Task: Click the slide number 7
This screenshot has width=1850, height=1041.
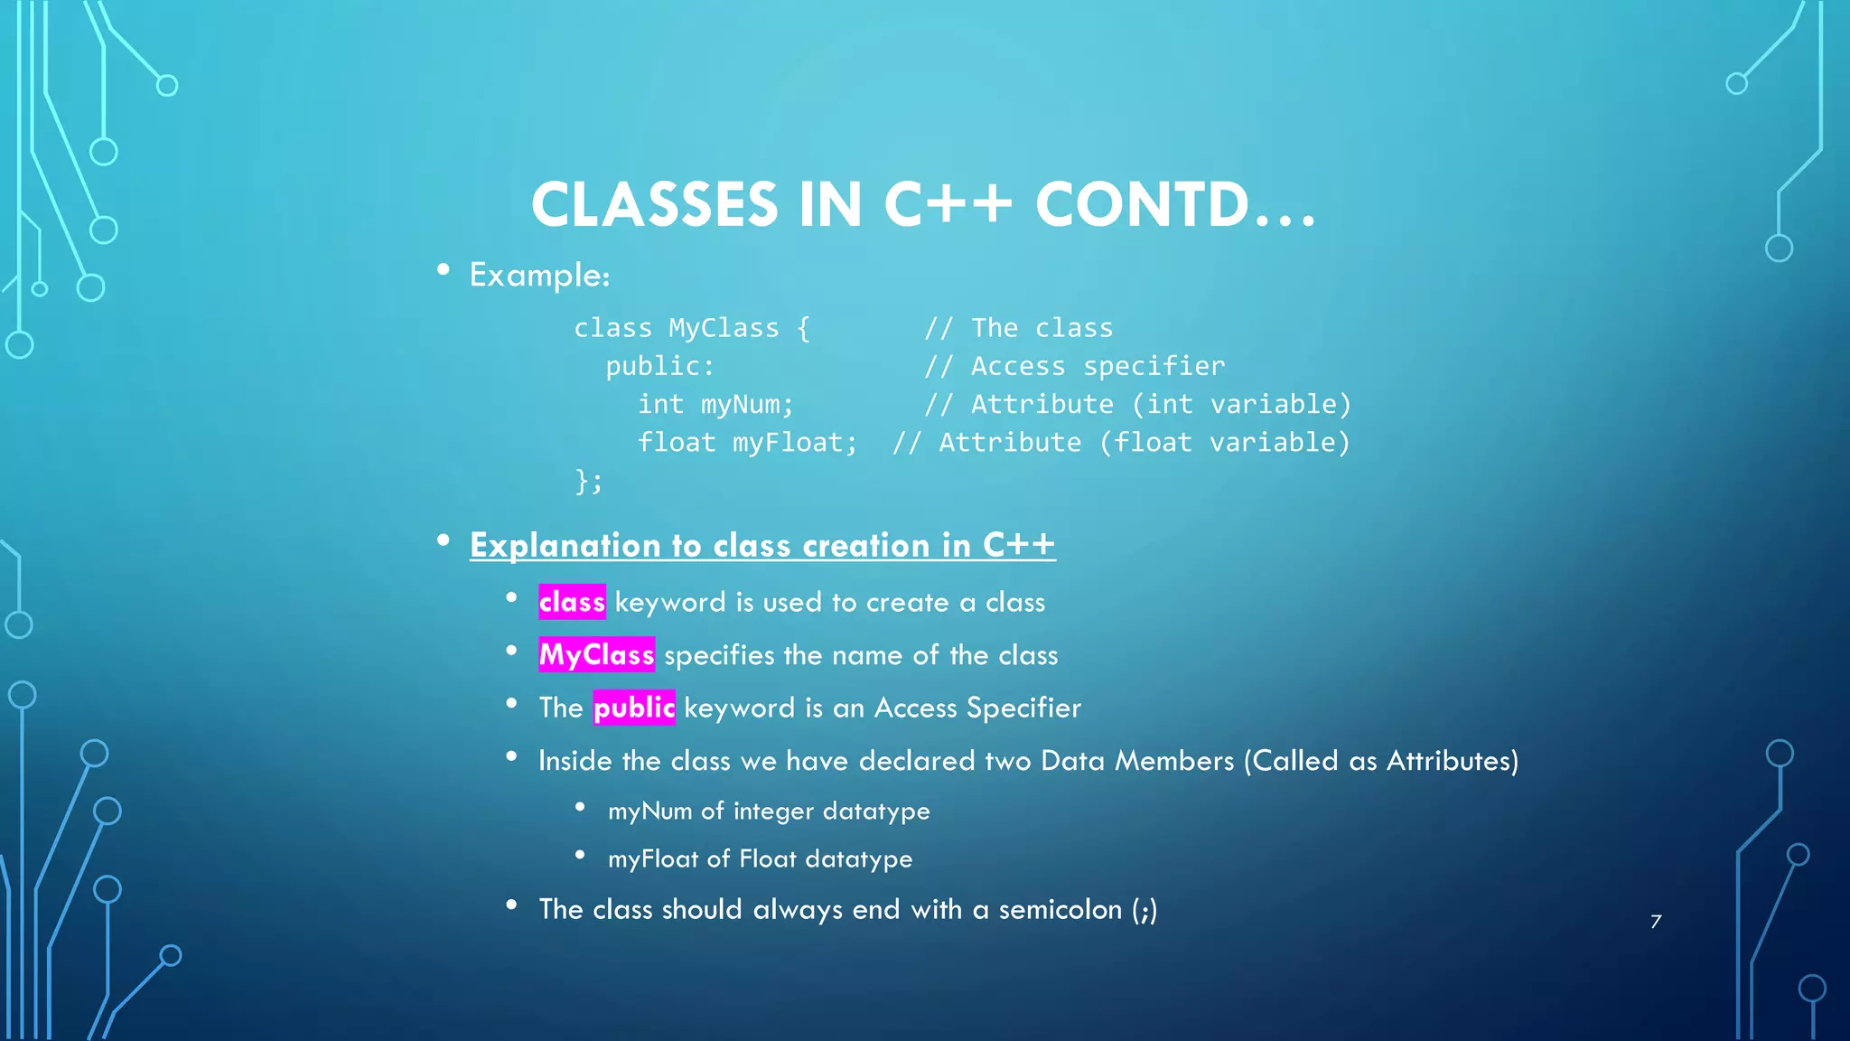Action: (x=1656, y=922)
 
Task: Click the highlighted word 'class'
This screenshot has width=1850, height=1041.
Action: (x=572, y=602)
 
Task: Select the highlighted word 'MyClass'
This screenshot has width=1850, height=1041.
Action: (x=596, y=654)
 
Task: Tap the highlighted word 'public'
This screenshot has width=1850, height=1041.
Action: (x=634, y=708)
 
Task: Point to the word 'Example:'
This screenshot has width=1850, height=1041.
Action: (x=539, y=275)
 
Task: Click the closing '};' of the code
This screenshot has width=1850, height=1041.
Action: (x=589, y=481)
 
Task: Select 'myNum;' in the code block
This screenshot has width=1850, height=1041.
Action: (x=747, y=404)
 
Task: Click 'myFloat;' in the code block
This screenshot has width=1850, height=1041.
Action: (x=794, y=442)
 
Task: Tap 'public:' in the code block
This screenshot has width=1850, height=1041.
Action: (x=659, y=366)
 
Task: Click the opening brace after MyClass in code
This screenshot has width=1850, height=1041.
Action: (x=803, y=328)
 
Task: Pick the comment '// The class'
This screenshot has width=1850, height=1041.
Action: (x=1018, y=328)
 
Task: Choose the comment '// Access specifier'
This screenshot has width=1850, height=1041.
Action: (x=1074, y=366)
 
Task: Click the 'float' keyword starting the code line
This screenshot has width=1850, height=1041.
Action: (x=676, y=442)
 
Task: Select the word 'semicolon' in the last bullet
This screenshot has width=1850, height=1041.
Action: (x=1060, y=909)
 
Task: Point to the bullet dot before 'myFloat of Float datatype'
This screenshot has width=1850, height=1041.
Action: (x=580, y=855)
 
